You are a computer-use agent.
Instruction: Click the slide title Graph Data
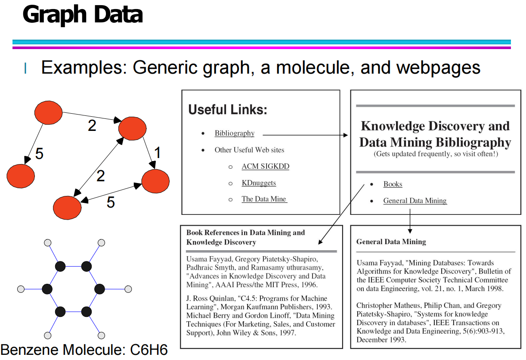click(82, 15)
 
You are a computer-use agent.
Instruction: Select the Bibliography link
click(234, 133)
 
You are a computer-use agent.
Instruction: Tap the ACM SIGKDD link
click(265, 167)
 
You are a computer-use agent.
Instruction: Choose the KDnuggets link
click(258, 183)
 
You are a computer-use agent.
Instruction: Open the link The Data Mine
click(264, 199)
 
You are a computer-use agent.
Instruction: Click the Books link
click(393, 184)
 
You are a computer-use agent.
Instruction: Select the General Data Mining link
click(415, 201)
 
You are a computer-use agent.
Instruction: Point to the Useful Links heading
click(228, 110)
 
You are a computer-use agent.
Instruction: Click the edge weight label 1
click(158, 152)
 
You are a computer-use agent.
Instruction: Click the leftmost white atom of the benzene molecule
click(21, 289)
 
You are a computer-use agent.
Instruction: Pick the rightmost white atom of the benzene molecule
click(128, 289)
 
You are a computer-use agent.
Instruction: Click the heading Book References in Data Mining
click(245, 233)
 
